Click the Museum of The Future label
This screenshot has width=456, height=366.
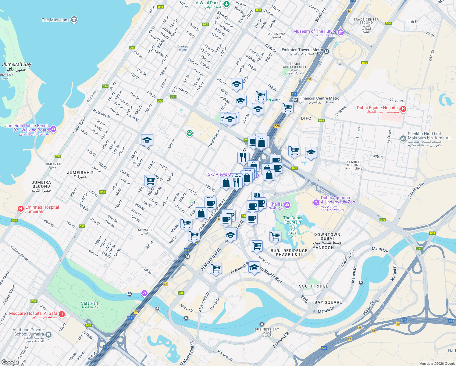click(x=315, y=31)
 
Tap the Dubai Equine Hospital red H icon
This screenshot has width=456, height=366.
click(x=403, y=109)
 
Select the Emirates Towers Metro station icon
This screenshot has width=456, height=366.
click(x=327, y=52)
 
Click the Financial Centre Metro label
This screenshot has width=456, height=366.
click(x=319, y=98)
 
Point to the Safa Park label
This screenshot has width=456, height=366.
click(x=90, y=303)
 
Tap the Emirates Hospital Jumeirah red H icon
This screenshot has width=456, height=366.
click(x=21, y=209)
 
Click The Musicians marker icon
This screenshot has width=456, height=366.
click(x=74, y=20)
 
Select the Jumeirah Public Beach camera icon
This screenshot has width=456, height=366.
click(x=53, y=129)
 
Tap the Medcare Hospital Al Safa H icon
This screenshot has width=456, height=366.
click(x=62, y=314)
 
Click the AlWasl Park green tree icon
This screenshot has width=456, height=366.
click(x=226, y=4)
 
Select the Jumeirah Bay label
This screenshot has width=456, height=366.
click(x=17, y=65)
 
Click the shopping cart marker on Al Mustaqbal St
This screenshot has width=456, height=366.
click(x=216, y=268)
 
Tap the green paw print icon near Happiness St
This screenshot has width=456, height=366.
click(x=190, y=133)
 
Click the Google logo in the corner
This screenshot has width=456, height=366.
click(x=10, y=362)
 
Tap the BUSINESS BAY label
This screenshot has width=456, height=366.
click(x=267, y=329)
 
